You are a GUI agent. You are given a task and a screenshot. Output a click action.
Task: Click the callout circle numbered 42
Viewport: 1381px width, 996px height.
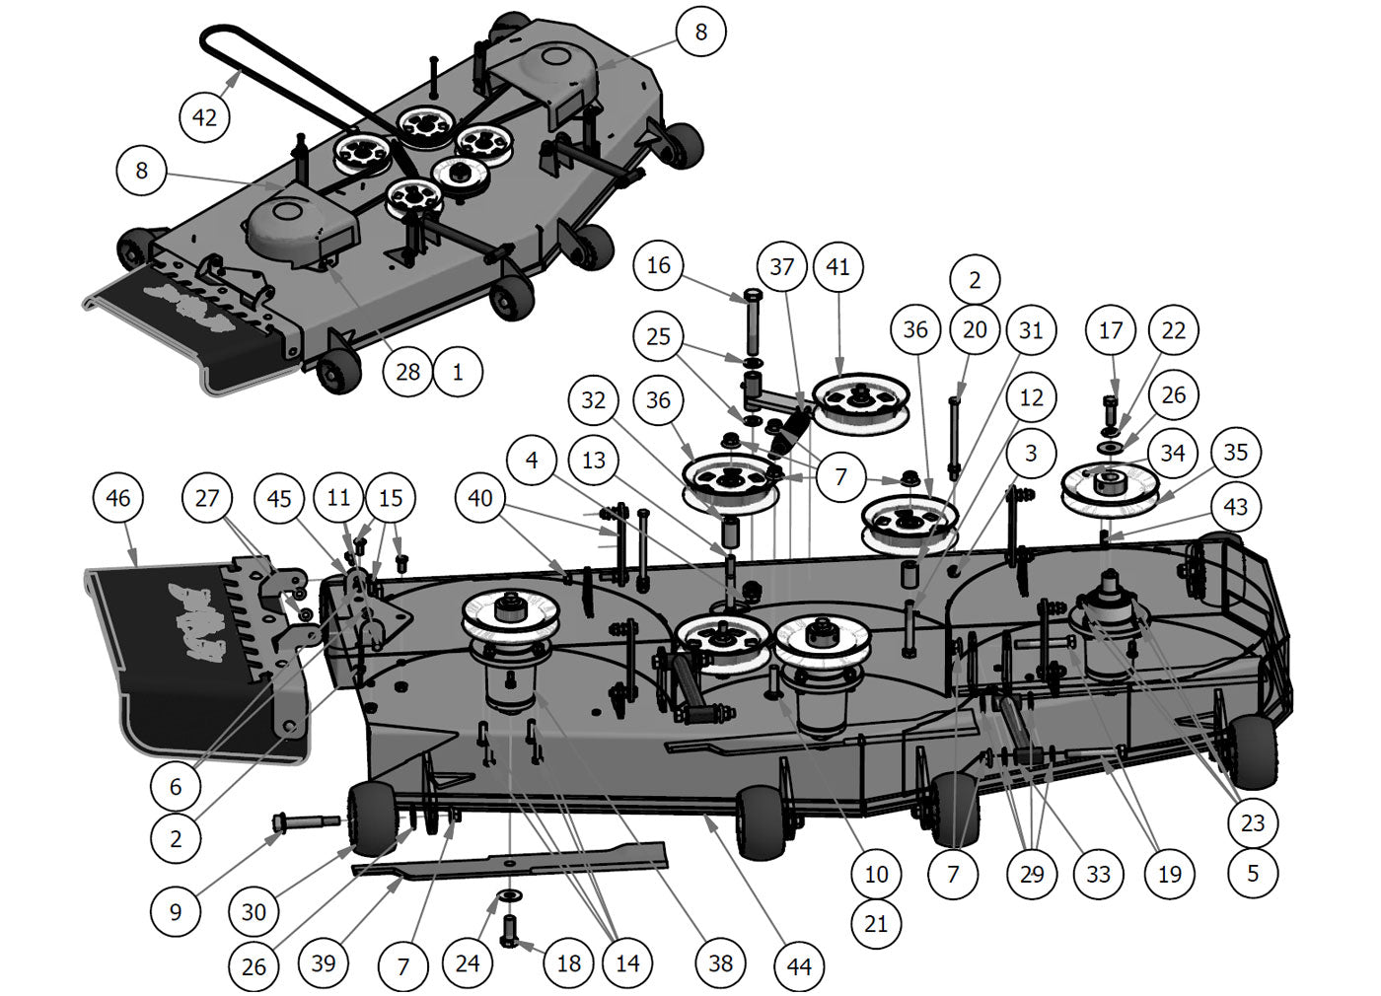[204, 117]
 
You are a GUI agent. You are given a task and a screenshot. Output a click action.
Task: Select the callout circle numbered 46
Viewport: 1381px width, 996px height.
[117, 498]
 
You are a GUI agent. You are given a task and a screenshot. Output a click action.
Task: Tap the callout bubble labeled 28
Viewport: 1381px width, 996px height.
[407, 372]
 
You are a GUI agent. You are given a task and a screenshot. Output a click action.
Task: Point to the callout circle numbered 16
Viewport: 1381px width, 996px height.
[658, 265]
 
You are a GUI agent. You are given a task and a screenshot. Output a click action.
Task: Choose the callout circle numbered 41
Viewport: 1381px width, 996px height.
[837, 266]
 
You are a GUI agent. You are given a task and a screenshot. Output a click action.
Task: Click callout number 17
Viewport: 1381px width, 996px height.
[1111, 330]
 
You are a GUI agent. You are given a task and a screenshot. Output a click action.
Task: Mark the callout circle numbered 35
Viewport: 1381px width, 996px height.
[1235, 453]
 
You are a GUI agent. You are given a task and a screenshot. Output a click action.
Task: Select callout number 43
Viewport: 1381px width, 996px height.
[1235, 507]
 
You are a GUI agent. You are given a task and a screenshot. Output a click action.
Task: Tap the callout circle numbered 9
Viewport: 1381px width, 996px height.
[176, 912]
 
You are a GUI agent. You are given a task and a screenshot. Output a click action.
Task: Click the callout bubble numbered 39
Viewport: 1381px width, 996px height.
[324, 962]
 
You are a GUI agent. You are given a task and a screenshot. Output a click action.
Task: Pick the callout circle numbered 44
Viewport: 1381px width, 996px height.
[799, 966]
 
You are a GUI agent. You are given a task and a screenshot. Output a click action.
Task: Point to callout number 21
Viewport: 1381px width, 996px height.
[876, 924]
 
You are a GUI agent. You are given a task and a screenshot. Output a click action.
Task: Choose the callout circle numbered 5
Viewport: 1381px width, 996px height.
[1253, 873]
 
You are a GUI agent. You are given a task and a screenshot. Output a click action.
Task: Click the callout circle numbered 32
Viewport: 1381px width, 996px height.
[593, 400]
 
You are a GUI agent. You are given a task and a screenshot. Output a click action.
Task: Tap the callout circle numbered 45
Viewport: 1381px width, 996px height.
[279, 498]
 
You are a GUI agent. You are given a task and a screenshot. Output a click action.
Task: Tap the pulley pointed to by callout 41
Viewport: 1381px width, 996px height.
[858, 402]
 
